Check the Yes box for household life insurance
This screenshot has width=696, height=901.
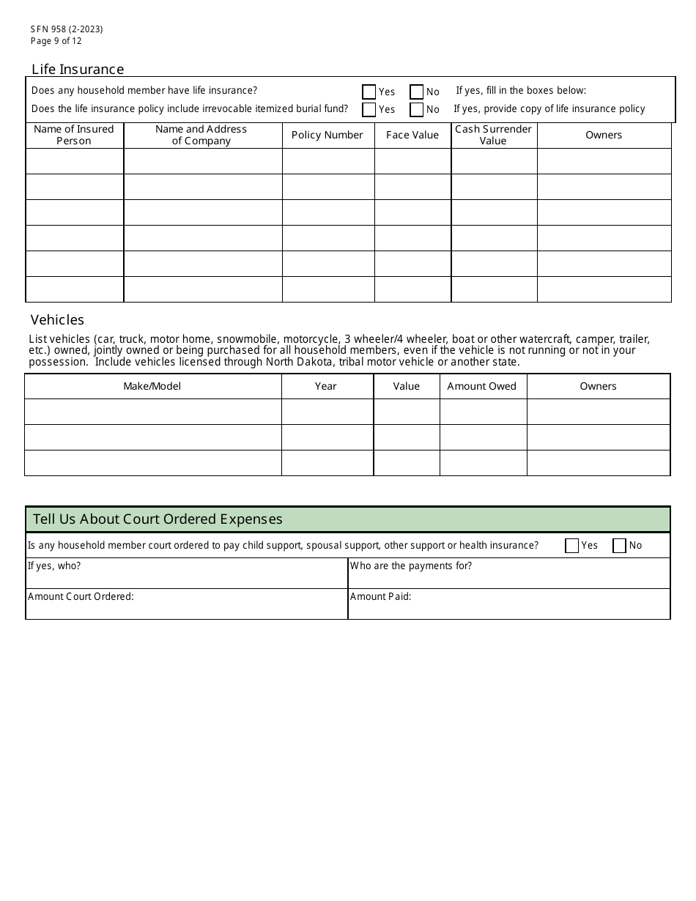(x=369, y=92)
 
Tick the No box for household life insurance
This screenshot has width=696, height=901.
(x=416, y=92)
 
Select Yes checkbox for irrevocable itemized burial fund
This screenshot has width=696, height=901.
(x=369, y=110)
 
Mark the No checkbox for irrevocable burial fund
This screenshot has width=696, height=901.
(x=416, y=110)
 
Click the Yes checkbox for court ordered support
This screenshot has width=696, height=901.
(x=572, y=546)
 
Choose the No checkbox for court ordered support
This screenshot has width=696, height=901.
(x=619, y=546)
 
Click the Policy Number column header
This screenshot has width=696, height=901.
(x=327, y=135)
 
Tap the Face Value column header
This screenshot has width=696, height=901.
(x=412, y=135)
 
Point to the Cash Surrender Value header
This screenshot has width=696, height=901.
(x=493, y=135)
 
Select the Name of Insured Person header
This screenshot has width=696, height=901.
(x=74, y=135)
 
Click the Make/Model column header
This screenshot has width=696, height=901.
(x=152, y=386)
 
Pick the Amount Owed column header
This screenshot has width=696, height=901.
(x=481, y=386)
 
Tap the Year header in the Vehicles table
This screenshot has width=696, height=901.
(x=326, y=386)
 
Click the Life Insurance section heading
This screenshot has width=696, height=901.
(x=78, y=70)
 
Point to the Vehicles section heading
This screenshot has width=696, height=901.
(x=57, y=320)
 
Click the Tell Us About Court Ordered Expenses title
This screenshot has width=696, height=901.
(x=158, y=519)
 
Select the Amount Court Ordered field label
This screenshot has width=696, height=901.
(x=81, y=596)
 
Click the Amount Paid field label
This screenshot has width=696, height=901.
(x=380, y=596)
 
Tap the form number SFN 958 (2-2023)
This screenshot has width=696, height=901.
(x=67, y=29)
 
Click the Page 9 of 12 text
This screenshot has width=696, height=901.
(x=56, y=41)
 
